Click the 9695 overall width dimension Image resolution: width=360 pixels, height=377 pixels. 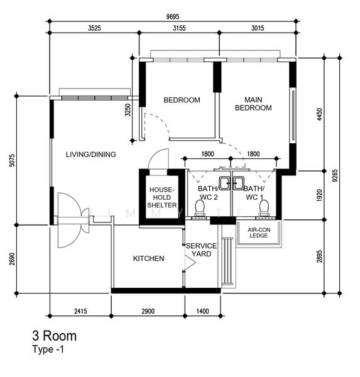[x=173, y=16]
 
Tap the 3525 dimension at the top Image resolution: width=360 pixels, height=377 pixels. [x=94, y=28]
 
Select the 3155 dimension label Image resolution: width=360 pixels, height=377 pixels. [x=179, y=28]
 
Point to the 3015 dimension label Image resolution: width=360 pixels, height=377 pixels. [x=258, y=28]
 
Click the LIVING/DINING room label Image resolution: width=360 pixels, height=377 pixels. [x=91, y=155]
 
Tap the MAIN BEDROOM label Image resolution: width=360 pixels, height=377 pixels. [x=253, y=104]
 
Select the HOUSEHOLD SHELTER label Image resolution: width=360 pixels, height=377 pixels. [x=162, y=197]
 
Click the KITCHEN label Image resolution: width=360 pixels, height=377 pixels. [x=149, y=258]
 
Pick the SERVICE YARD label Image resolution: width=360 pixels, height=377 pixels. [x=201, y=250]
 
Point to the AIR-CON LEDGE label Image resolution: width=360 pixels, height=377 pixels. [x=259, y=232]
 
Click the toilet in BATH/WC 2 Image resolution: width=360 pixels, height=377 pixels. [x=200, y=208]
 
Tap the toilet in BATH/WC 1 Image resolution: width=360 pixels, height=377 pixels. [x=264, y=208]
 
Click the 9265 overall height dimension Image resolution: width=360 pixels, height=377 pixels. [x=335, y=175]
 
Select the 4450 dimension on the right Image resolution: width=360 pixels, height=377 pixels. [x=319, y=114]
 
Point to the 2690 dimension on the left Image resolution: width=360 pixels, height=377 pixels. [x=12, y=259]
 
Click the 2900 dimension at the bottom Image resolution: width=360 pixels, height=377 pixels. [x=148, y=312]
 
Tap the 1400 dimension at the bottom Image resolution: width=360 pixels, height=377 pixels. [x=202, y=312]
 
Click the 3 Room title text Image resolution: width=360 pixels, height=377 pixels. [x=55, y=336]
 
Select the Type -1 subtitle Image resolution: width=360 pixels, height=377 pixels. [x=48, y=349]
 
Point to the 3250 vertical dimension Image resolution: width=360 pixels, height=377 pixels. [x=128, y=110]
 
